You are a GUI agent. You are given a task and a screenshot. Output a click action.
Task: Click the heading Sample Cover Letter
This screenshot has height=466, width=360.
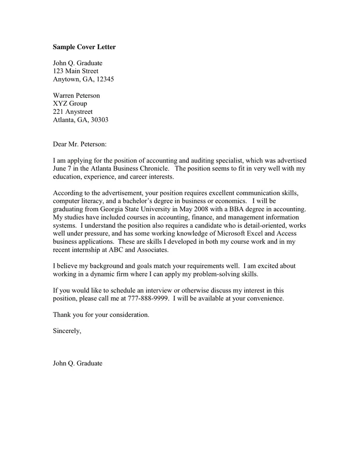(84, 47)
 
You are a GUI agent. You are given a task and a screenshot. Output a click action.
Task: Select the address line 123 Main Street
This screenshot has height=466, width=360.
(76, 71)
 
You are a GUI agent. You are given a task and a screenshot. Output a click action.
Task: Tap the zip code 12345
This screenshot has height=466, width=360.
(104, 79)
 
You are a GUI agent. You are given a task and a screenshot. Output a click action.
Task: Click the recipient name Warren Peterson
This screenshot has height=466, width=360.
(77, 95)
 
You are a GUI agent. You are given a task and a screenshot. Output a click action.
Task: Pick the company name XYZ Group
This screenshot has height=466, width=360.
(70, 104)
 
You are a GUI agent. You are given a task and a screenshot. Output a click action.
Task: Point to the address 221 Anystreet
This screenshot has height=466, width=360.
(73, 111)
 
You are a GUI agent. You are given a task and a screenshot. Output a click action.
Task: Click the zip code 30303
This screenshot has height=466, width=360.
(99, 120)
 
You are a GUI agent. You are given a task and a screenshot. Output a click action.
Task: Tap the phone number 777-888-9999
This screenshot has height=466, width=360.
(148, 299)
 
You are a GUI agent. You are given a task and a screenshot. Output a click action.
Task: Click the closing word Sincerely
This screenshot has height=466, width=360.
(67, 331)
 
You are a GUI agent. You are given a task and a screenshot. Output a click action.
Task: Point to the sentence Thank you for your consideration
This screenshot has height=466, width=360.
(101, 315)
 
